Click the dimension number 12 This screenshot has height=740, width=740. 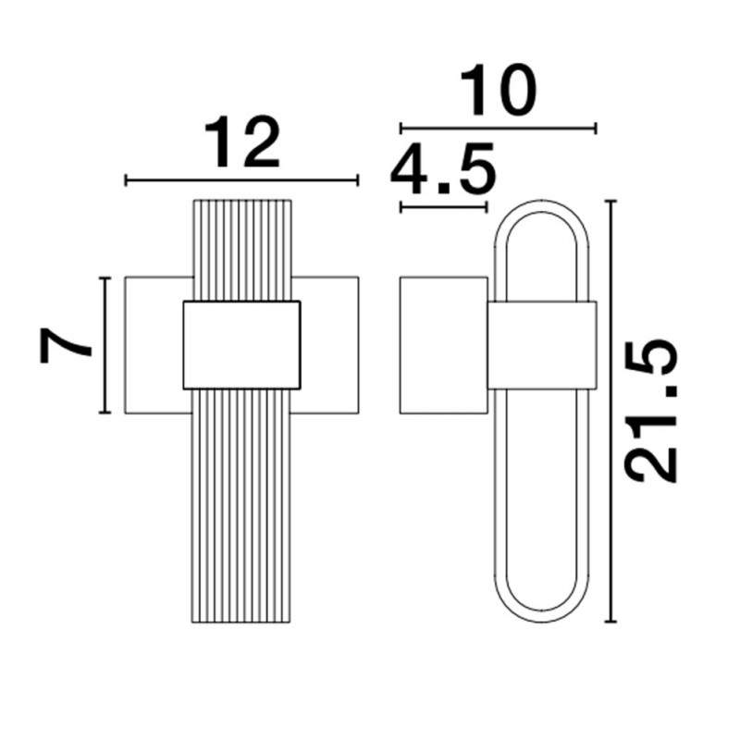[243, 142]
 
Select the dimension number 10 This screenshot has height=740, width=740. [498, 90]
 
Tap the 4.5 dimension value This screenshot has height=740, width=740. [443, 169]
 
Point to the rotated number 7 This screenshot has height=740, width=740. [65, 345]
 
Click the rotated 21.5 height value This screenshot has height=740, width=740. [652, 411]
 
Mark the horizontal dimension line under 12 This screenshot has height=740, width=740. [241, 180]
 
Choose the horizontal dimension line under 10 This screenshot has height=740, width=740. [499, 128]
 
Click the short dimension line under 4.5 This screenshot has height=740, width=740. [443, 206]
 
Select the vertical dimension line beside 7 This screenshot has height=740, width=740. [105, 345]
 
